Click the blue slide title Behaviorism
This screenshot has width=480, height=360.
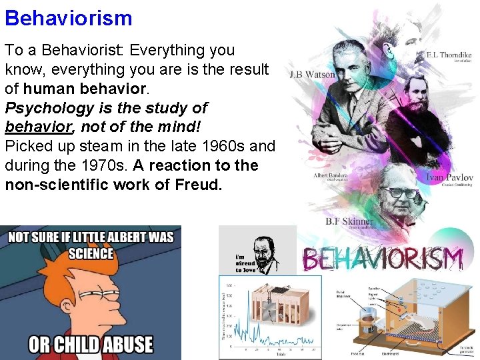coord(69,17)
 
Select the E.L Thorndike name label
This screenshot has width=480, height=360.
coord(448,54)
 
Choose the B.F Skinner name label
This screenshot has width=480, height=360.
coord(349,221)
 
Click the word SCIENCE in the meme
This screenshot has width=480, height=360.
coord(91,253)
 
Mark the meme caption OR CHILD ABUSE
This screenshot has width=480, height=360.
coord(90,345)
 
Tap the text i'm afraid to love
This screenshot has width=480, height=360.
coord(245,263)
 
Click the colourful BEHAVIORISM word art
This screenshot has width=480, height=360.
coord(383,258)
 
